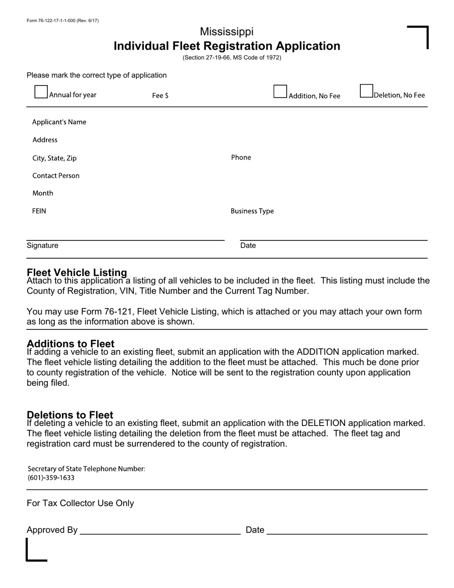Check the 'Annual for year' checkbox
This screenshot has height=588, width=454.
tap(41, 92)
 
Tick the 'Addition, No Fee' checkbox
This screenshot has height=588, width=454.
tap(280, 92)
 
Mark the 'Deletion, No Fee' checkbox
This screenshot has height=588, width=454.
tap(366, 91)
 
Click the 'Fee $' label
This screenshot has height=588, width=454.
tap(160, 96)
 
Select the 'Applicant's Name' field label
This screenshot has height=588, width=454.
tap(59, 122)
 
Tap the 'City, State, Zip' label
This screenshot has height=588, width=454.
tap(54, 158)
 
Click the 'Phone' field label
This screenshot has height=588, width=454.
tap(241, 157)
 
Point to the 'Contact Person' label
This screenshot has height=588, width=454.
tap(56, 175)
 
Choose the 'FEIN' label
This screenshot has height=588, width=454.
tap(39, 211)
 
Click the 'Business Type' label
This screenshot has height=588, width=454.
tap(252, 211)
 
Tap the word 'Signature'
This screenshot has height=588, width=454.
tap(43, 245)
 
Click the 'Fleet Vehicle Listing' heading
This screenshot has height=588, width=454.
tap(77, 272)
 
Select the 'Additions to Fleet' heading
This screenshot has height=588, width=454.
tap(71, 344)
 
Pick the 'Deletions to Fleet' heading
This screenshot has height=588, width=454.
tap(70, 414)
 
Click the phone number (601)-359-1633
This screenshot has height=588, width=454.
tap(51, 478)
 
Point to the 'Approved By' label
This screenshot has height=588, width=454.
tap(52, 530)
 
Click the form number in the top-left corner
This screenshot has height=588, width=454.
tap(63, 21)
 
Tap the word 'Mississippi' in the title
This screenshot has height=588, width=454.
tap(227, 32)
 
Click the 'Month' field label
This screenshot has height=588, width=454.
tap(43, 193)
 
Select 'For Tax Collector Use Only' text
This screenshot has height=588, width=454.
tap(80, 503)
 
